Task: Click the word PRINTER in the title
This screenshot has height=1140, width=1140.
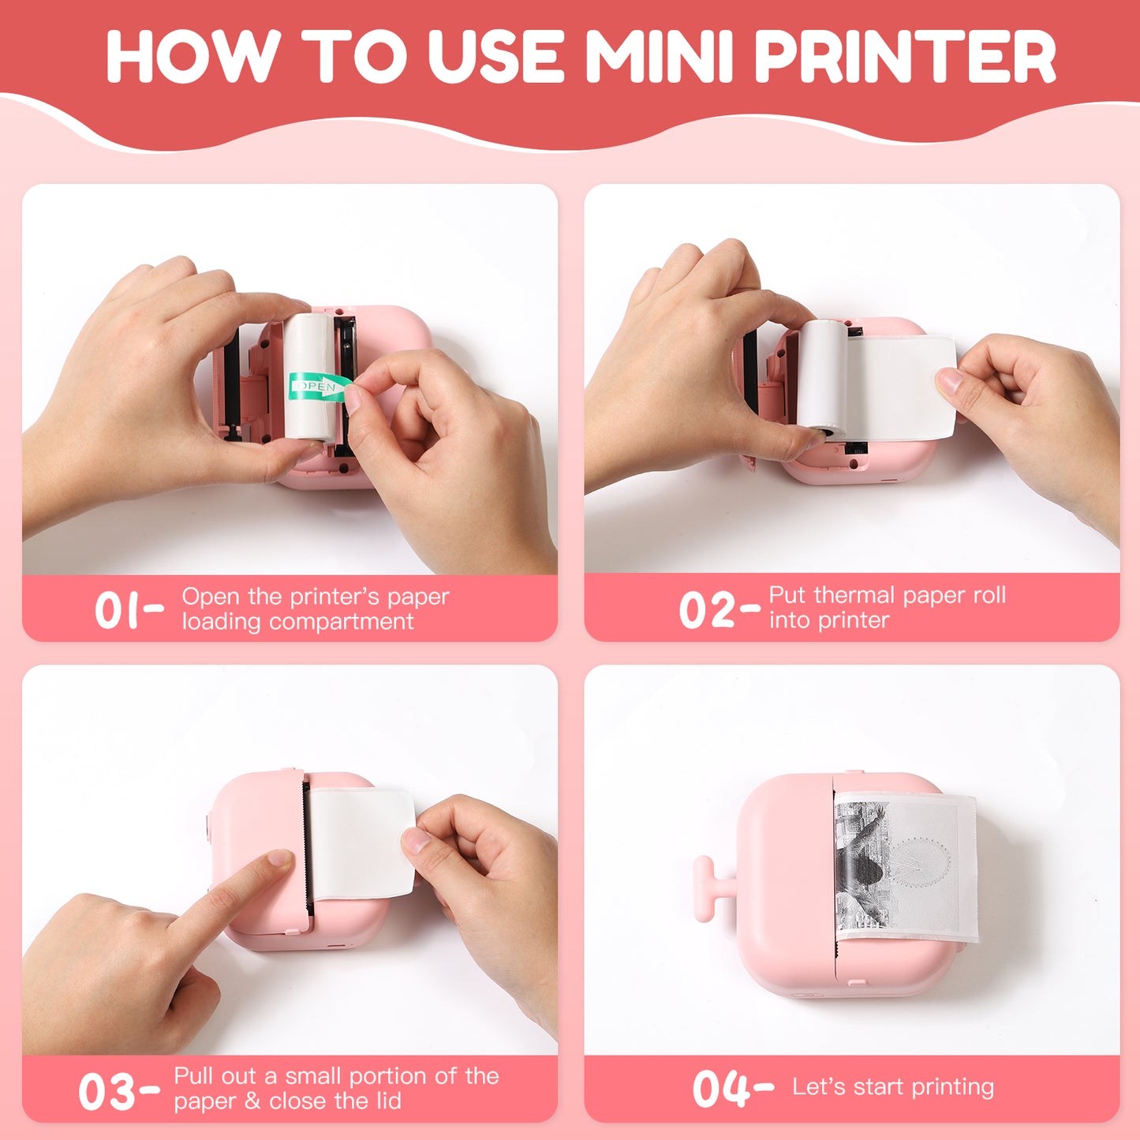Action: pyautogui.click(x=905, y=57)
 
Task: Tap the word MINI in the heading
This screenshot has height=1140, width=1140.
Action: pyautogui.click(x=661, y=57)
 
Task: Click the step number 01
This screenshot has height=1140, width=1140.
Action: pyautogui.click(x=118, y=611)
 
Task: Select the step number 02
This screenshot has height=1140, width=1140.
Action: pyautogui.click(x=708, y=611)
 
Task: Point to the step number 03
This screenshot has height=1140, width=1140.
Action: pyautogui.click(x=107, y=1092)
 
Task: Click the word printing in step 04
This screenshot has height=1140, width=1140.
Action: pyautogui.click(x=954, y=1087)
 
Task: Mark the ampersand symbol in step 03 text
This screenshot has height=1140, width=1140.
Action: pyautogui.click(x=253, y=1101)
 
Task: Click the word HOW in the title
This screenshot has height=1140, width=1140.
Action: pyautogui.click(x=192, y=57)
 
